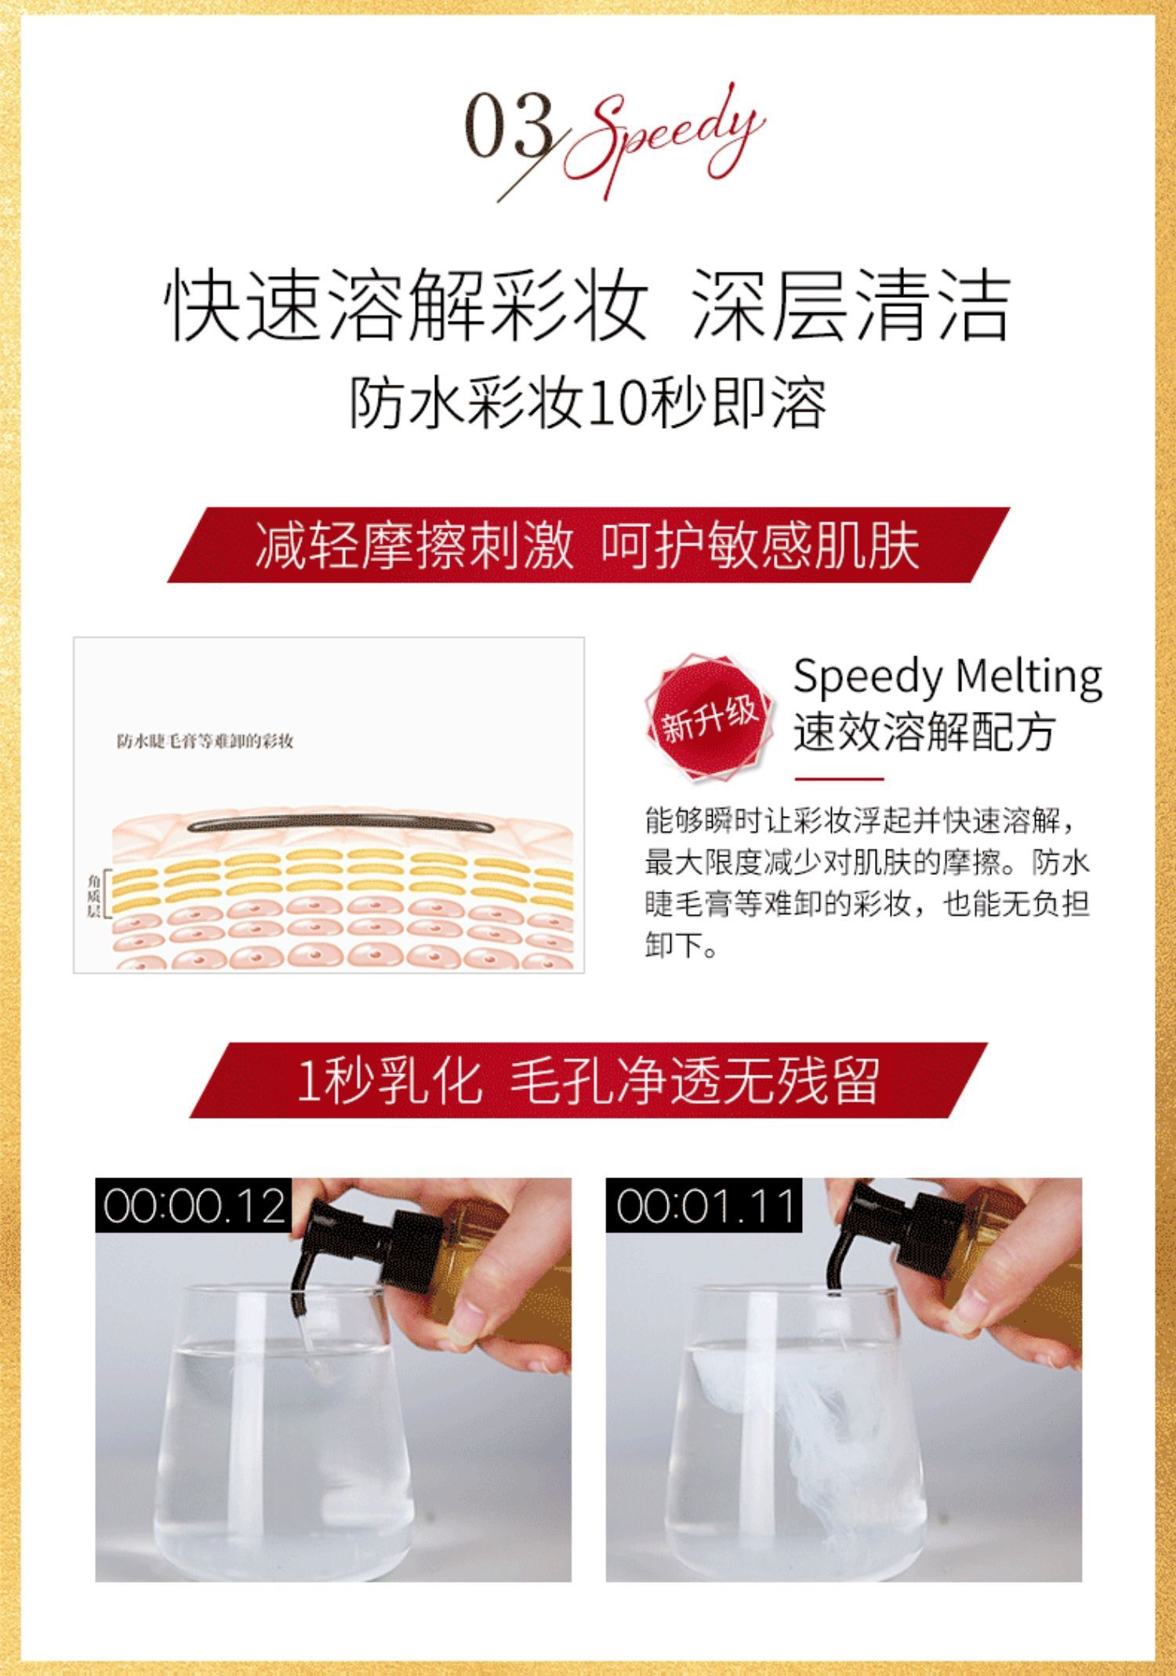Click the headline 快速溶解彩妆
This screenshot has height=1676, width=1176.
pyautogui.click(x=406, y=304)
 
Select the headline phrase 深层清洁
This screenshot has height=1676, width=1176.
pyautogui.click(x=851, y=304)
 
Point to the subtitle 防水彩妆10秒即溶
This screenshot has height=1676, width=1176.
pyautogui.click(x=588, y=404)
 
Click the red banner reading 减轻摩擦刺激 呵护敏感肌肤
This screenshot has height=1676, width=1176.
pyautogui.click(x=588, y=545)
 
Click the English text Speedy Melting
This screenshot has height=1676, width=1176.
pyautogui.click(x=948, y=677)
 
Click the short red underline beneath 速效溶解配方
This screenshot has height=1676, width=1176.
pyautogui.click(x=839, y=779)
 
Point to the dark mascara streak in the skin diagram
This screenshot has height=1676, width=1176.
pyautogui.click(x=340, y=825)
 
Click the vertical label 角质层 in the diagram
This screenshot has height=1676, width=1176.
pyautogui.click(x=93, y=895)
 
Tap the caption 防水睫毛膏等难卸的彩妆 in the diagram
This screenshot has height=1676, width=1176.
pyautogui.click(x=205, y=741)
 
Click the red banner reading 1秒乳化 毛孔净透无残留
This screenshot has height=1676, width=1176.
pyautogui.click(x=588, y=1080)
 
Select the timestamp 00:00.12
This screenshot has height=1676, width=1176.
pyautogui.click(x=194, y=1206)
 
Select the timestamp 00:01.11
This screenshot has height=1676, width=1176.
pyautogui.click(x=704, y=1206)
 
